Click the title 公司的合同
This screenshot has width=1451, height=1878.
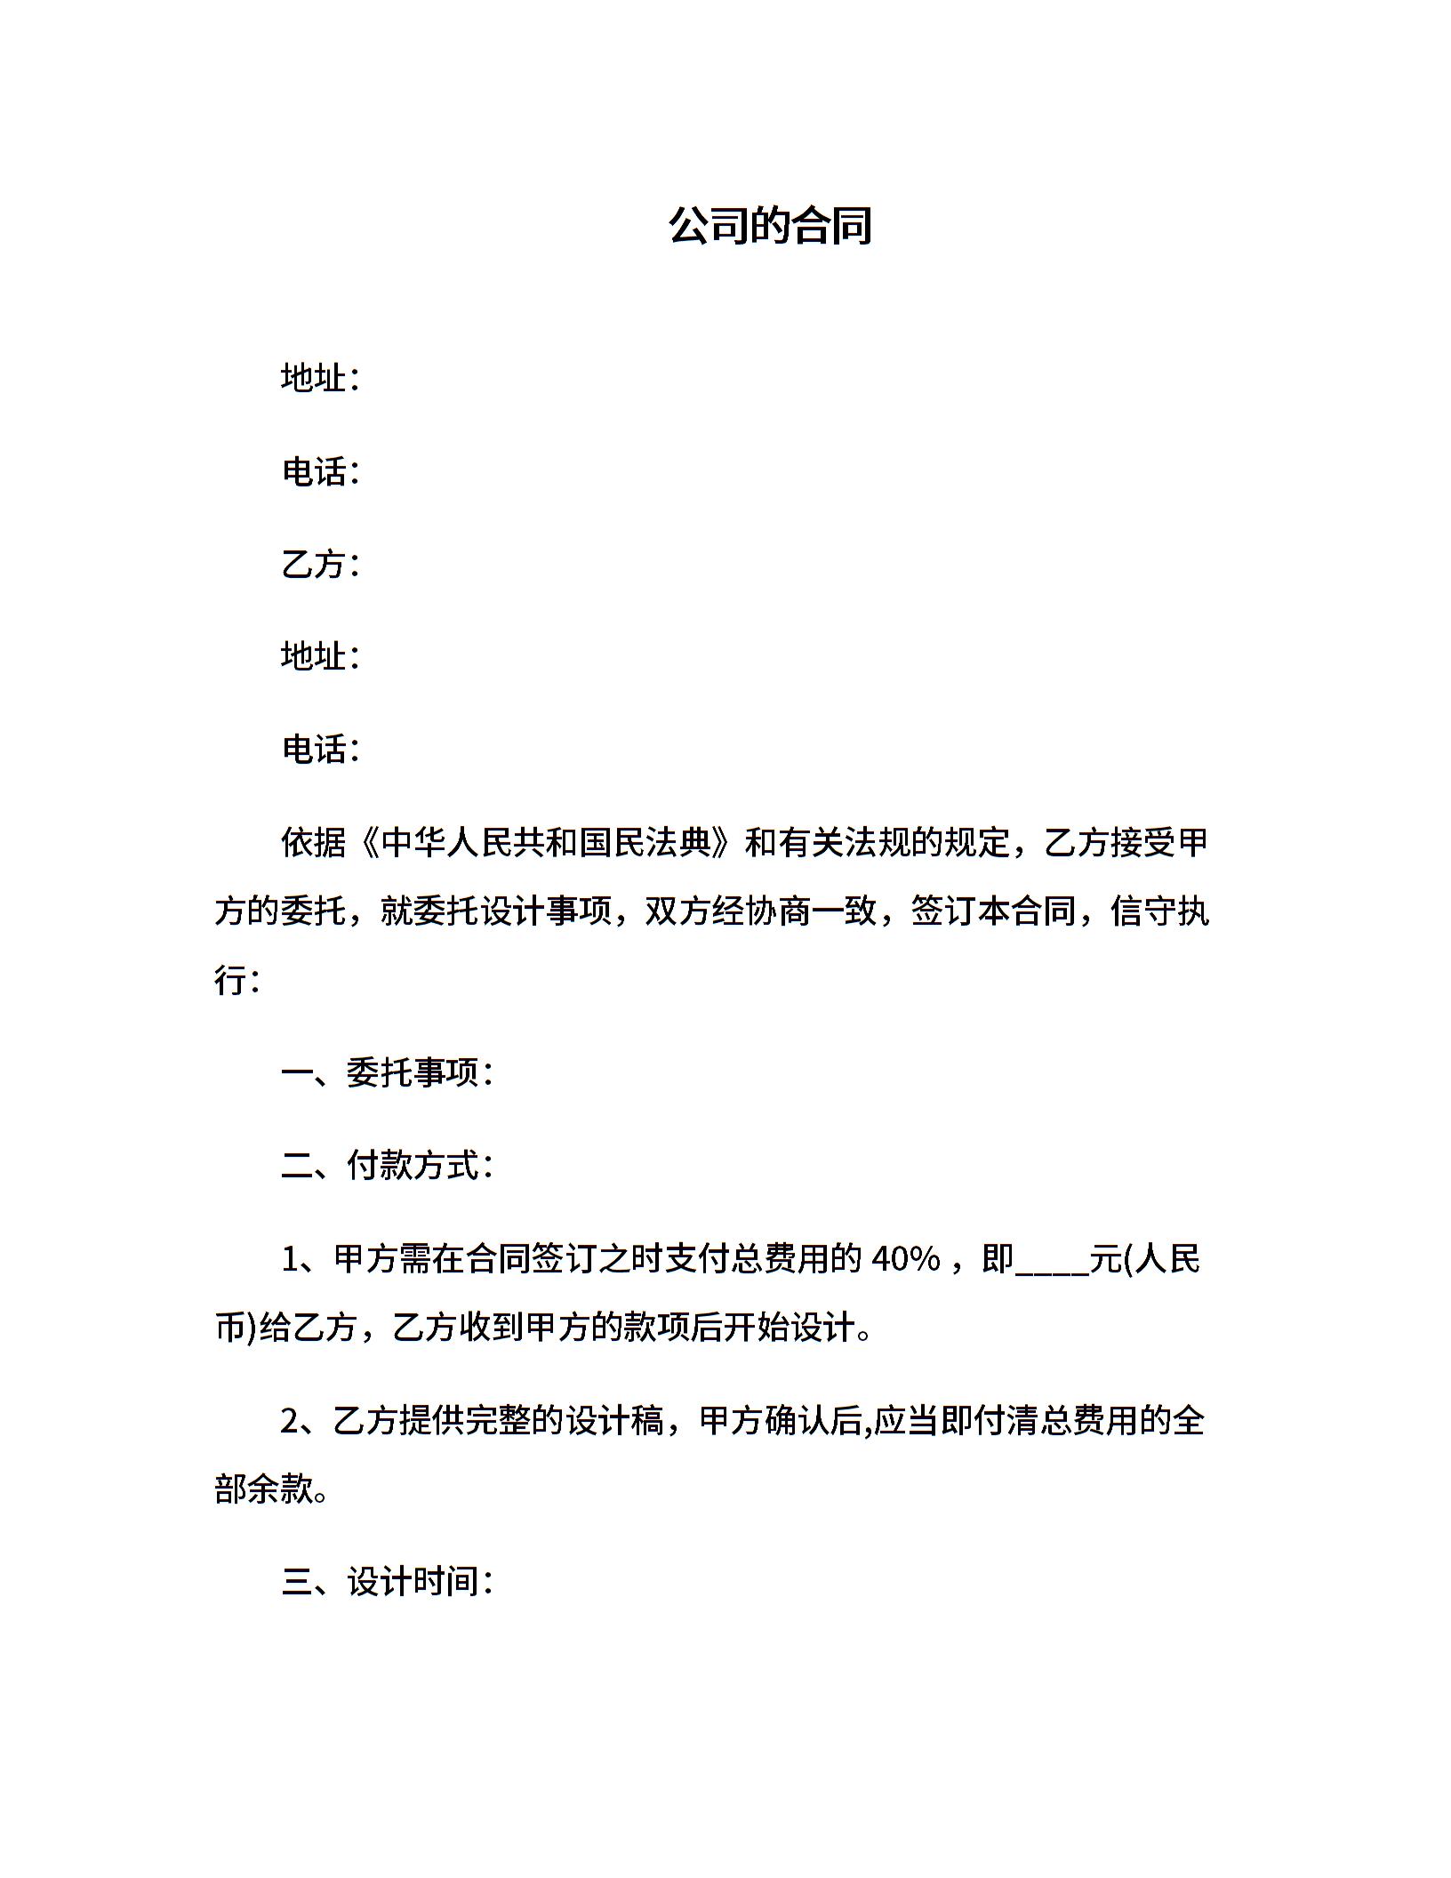pyautogui.click(x=770, y=226)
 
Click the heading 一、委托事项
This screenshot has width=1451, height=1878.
pyautogui.click(x=386, y=1073)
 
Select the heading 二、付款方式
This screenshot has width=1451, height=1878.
pyautogui.click(x=386, y=1166)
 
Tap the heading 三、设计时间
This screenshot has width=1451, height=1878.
pyautogui.click(x=386, y=1582)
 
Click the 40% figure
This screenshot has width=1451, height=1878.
pyautogui.click(x=905, y=1259)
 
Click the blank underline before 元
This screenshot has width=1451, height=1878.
pyautogui.click(x=1052, y=1263)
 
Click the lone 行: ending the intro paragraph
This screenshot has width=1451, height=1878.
pyautogui.click(x=236, y=981)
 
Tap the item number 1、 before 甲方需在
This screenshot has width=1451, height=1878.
pyautogui.click(x=305, y=1259)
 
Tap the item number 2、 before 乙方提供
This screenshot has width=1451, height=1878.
pyautogui.click(x=305, y=1421)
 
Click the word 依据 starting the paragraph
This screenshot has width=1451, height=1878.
pyautogui.click(x=314, y=842)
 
